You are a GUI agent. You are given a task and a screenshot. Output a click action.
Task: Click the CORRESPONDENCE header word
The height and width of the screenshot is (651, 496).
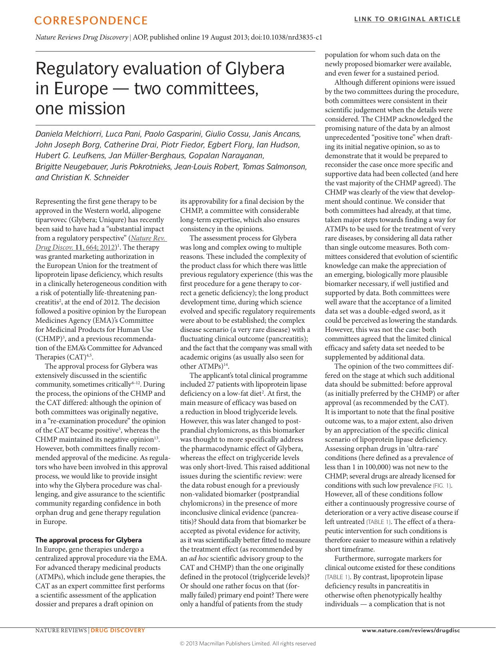point(91,20)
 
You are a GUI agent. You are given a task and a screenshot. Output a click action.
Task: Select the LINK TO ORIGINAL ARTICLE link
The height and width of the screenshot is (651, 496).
point(407,19)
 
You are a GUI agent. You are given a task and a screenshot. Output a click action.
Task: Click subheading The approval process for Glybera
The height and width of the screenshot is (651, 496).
point(88,540)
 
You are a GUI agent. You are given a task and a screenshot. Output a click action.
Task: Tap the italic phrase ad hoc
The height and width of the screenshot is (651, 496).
point(198,558)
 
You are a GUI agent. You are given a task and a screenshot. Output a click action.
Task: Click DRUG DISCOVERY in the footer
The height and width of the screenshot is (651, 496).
point(118,631)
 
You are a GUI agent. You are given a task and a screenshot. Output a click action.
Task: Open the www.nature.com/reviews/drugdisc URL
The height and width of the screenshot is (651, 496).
point(411,631)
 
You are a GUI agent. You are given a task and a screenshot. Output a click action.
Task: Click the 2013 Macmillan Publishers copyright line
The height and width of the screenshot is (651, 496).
point(248,643)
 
